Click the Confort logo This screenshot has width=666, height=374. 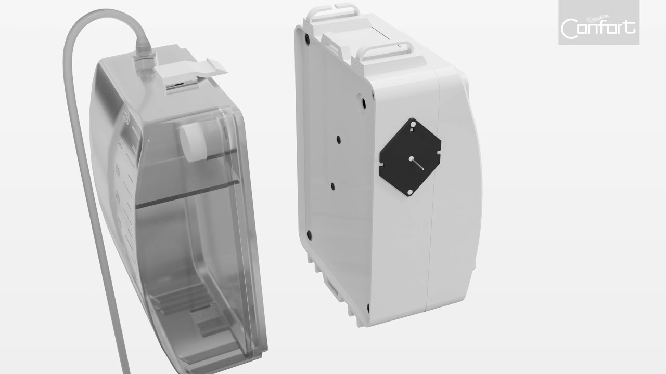pyautogui.click(x=598, y=25)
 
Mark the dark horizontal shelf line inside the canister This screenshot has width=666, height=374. pyautogui.click(x=187, y=192)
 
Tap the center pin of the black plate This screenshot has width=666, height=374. pyautogui.click(x=411, y=158)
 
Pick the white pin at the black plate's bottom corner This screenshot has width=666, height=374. pyautogui.click(x=409, y=192)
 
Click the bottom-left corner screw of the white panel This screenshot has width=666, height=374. pyautogui.click(x=309, y=235)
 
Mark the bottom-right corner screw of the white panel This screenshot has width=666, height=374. pyautogui.click(x=368, y=309)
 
